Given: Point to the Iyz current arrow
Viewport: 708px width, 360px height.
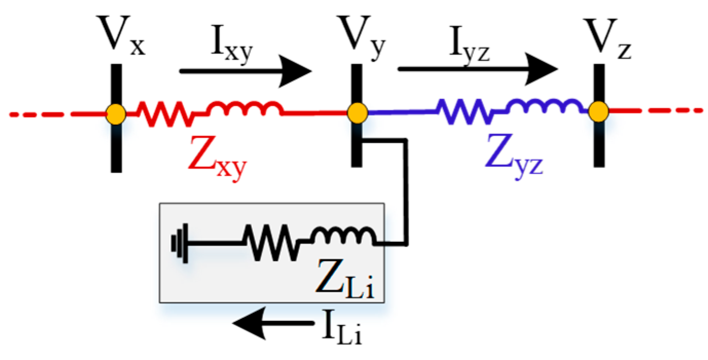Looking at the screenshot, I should pyautogui.click(x=477, y=69).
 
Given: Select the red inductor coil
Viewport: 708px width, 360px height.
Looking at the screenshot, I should pyautogui.click(x=244, y=108).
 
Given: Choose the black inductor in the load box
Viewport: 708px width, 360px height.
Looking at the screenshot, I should pyautogui.click(x=344, y=237).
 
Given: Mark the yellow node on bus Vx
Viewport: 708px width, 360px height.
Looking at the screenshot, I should pyautogui.click(x=116, y=113).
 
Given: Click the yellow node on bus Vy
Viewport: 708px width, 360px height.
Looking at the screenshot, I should pyautogui.click(x=356, y=112).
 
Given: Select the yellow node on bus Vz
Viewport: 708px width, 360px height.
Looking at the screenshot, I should pyautogui.click(x=598, y=111).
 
